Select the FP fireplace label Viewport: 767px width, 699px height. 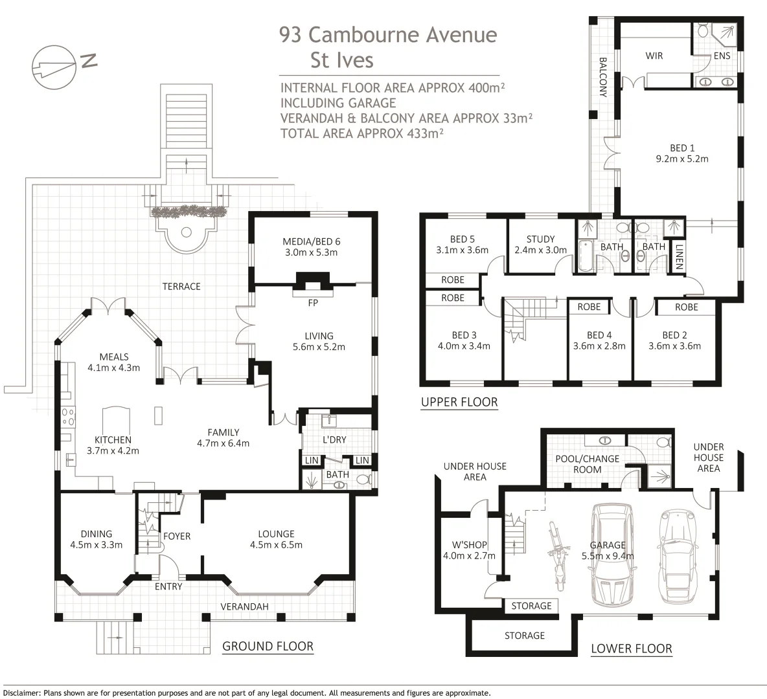(x=313, y=303)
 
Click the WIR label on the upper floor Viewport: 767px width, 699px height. (x=654, y=56)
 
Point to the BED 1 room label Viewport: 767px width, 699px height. (x=682, y=148)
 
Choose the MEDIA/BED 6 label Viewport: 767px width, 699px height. (x=312, y=241)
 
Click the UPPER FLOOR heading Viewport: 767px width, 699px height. (x=459, y=403)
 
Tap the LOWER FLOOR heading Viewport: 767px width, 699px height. (x=632, y=649)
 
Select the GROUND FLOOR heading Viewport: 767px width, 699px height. (x=268, y=646)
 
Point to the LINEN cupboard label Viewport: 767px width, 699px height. (x=678, y=257)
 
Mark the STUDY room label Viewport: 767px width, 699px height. (x=540, y=239)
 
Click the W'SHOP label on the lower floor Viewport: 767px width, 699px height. (x=469, y=545)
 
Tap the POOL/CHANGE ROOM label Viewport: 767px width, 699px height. (x=587, y=464)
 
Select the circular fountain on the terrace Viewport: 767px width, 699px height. (x=186, y=232)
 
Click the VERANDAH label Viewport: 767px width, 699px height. (x=245, y=606)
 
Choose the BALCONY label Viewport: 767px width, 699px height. (x=602, y=77)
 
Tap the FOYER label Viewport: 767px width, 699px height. (x=177, y=537)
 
